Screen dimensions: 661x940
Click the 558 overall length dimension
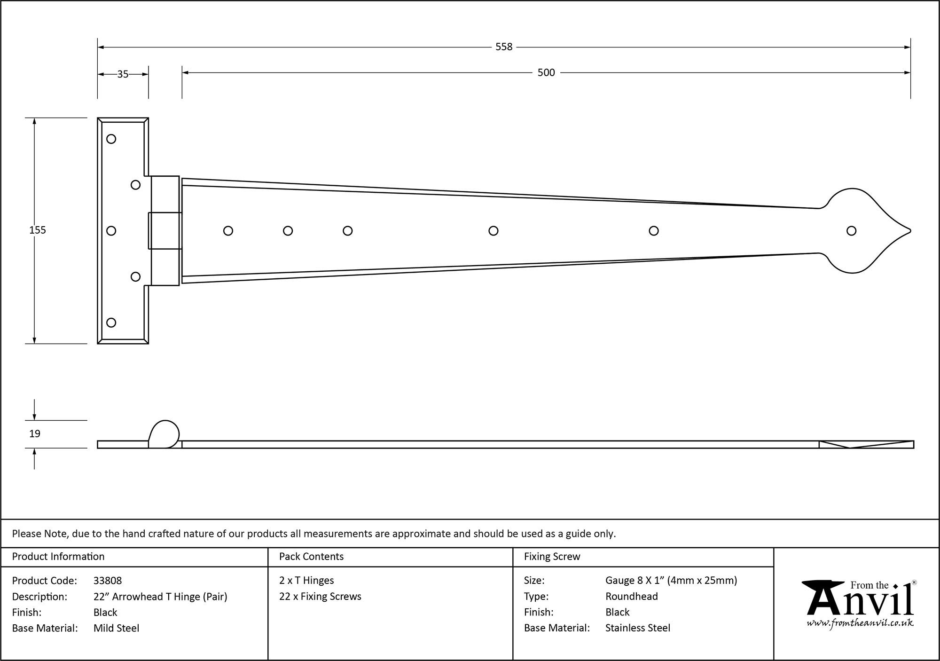click(503, 47)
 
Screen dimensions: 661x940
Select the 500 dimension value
click(546, 73)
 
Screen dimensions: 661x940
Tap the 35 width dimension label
click(123, 74)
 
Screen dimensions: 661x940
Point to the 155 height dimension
click(38, 230)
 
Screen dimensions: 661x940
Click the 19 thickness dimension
click(35, 433)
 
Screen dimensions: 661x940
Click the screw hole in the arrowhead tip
click(851, 231)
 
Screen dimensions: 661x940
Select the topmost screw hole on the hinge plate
click(111, 139)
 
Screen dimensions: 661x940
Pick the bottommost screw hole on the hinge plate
click(111, 323)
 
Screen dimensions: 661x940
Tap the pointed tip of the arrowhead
click(910, 231)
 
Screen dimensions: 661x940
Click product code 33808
click(108, 581)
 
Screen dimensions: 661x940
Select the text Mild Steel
click(116, 628)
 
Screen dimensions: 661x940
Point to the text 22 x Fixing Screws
click(320, 597)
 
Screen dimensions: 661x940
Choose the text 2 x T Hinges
click(306, 581)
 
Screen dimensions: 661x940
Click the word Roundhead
click(631, 597)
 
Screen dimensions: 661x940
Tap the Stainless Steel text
click(637, 628)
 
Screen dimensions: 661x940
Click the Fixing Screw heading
click(552, 557)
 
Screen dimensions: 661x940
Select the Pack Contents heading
click(311, 557)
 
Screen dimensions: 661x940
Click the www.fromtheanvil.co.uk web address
click(860, 623)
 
